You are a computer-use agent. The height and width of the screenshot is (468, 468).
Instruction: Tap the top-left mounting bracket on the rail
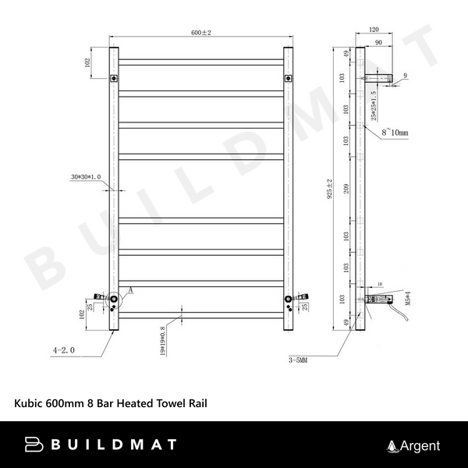pyautogui.click(x=115, y=78)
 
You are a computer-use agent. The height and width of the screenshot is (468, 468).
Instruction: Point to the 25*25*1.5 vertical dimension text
pyautogui.click(x=374, y=105)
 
